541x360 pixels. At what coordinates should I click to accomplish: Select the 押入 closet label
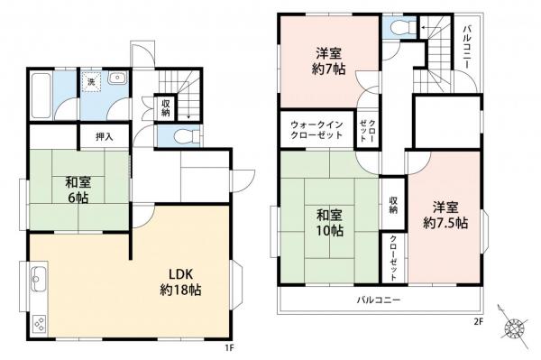105,136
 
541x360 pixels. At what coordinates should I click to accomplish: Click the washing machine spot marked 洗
90,82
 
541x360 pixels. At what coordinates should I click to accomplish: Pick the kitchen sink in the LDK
37,279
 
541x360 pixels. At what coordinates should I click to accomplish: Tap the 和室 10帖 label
329,223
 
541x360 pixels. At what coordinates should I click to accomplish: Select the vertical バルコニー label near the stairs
468,51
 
